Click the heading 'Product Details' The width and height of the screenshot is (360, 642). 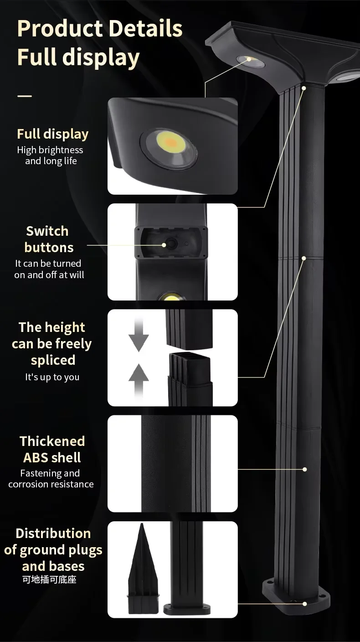(x=99, y=29)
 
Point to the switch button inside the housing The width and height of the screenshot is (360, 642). (x=172, y=244)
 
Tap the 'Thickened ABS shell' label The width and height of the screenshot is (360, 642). (x=52, y=449)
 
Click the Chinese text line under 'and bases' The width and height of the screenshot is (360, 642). (x=53, y=580)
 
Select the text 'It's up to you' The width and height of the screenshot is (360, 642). (x=52, y=377)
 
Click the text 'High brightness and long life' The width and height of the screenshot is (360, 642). (x=50, y=155)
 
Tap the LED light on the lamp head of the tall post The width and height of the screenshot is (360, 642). (x=250, y=60)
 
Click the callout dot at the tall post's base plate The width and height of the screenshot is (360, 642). (x=304, y=604)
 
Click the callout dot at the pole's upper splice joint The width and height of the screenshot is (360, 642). (x=304, y=258)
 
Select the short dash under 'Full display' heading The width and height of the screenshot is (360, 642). (x=25, y=96)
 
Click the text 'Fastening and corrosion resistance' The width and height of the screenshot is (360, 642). (x=51, y=479)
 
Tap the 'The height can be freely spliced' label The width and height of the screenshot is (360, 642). (x=52, y=343)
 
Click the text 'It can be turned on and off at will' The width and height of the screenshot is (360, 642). (x=49, y=269)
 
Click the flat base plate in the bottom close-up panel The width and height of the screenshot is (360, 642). (x=187, y=609)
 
